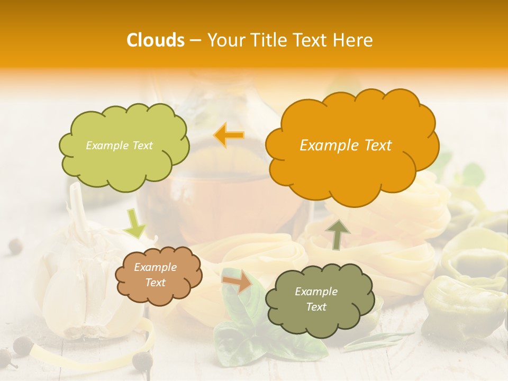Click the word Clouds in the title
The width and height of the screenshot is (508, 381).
point(156,40)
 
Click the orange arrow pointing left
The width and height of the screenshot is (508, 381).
point(229,135)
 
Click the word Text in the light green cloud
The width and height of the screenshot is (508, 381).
point(142,146)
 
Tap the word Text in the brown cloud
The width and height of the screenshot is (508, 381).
point(156,283)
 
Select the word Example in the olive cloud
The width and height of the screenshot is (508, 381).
point(316,292)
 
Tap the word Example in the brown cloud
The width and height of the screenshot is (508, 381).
point(156,268)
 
